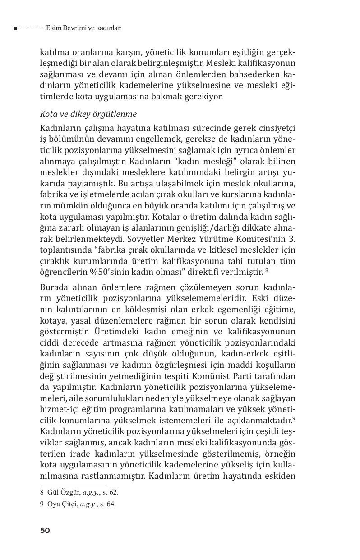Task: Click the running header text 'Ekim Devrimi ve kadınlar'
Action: click(83, 28)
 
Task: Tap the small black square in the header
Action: click(15, 28)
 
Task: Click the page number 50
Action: click(45, 530)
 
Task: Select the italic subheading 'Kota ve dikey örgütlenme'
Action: click(88, 114)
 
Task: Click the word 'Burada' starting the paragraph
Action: click(54, 287)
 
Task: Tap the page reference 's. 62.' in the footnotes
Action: click(110, 493)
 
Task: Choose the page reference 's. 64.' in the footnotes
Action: click(107, 504)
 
